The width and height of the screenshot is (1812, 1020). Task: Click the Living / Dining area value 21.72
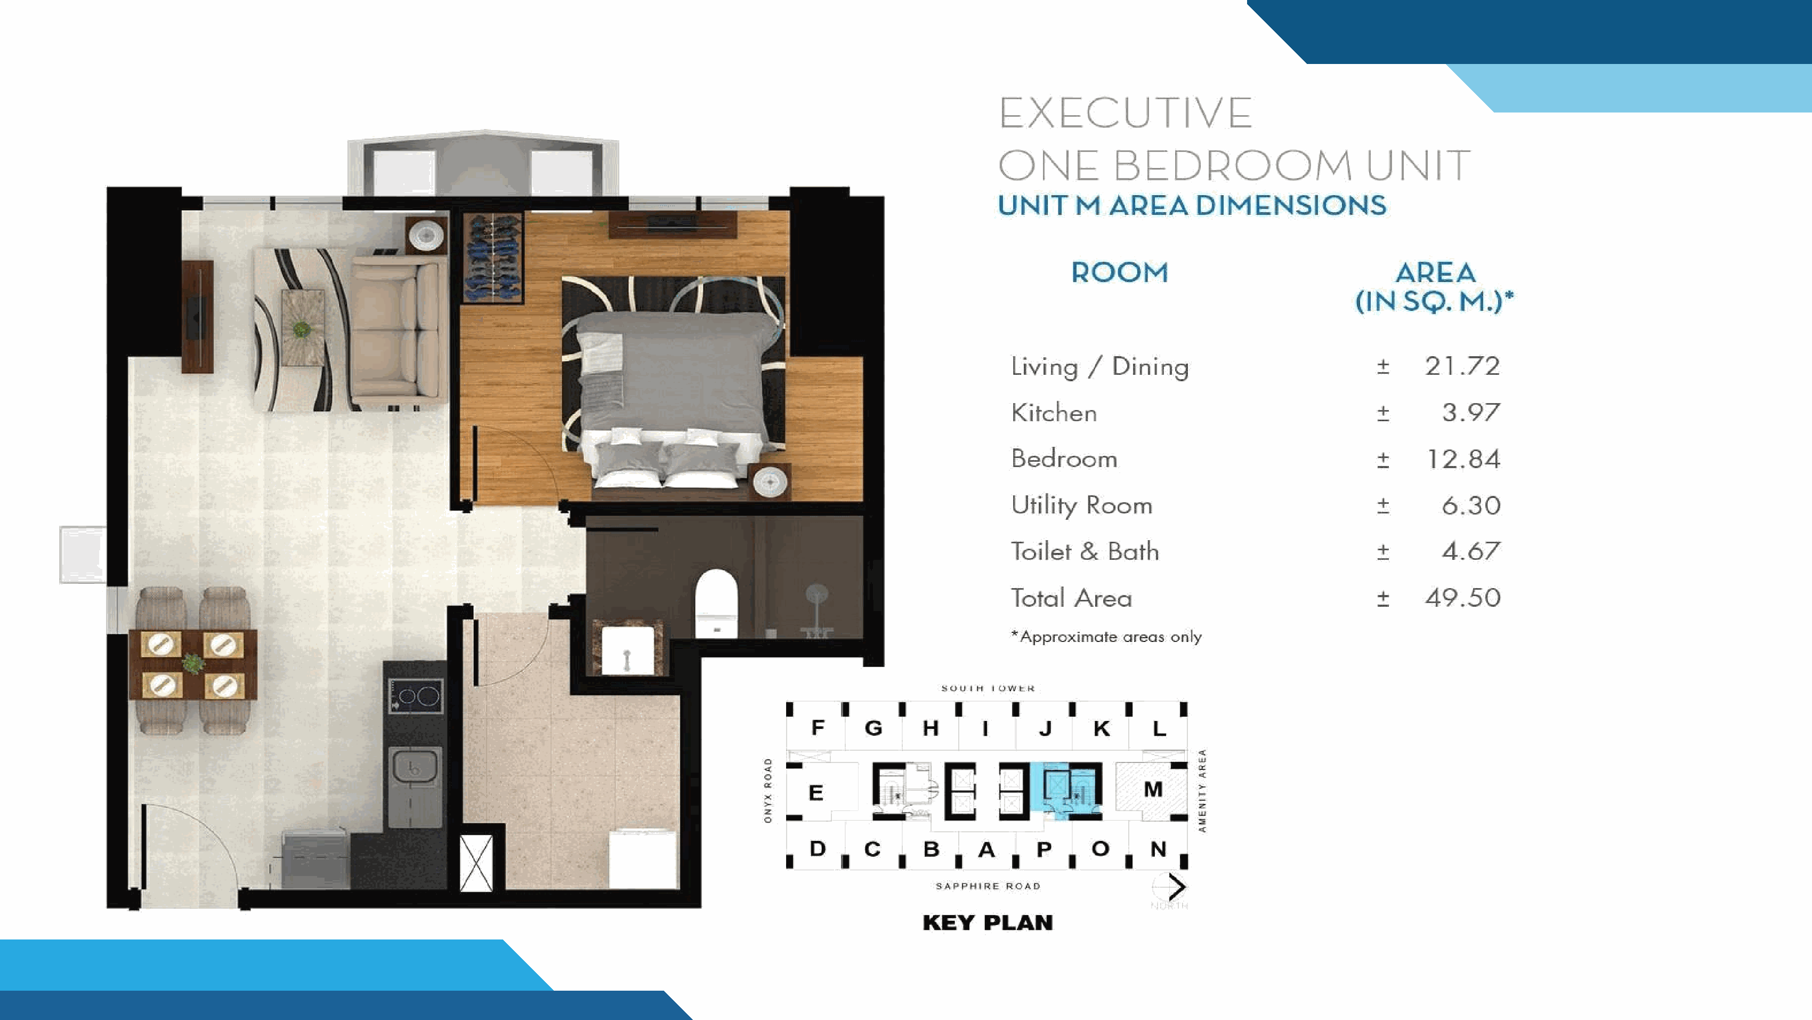[x=1462, y=366]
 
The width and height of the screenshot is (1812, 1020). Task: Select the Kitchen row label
[x=1054, y=413]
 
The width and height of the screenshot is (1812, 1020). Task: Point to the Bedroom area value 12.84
[x=1463, y=459]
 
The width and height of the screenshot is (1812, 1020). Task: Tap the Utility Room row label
[x=1081, y=506]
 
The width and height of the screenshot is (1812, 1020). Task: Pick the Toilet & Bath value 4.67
[x=1471, y=551]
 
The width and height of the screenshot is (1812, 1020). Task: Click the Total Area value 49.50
[x=1463, y=598]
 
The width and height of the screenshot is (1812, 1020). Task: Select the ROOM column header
[x=1119, y=272]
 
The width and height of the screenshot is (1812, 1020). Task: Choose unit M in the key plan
[x=1153, y=789]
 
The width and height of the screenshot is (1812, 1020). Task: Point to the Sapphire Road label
[x=988, y=886]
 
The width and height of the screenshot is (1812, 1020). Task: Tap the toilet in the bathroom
[x=716, y=603]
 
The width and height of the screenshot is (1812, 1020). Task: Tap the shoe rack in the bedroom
[x=493, y=258]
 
